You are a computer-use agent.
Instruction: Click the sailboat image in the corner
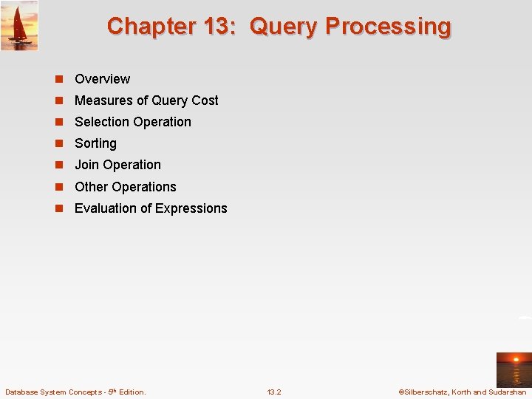coord(19,25)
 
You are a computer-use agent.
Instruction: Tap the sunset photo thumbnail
coord(514,369)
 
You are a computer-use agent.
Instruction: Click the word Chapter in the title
coord(145,27)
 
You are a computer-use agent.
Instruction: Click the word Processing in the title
coord(388,27)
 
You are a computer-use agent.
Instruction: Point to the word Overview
coord(102,79)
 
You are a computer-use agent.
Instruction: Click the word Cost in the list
coord(205,100)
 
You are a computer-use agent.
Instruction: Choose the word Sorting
coord(95,143)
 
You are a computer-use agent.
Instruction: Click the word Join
coord(86,165)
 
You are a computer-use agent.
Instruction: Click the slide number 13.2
coord(273,392)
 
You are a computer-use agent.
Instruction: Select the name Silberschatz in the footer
coord(429,392)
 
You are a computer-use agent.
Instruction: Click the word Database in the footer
coord(24,392)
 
